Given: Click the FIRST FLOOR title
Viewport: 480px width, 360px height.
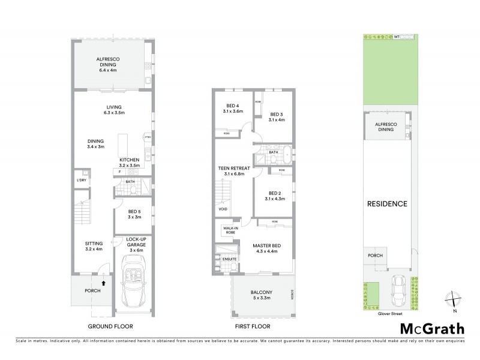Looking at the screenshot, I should point(253,326).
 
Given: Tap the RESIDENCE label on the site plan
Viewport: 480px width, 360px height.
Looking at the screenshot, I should point(387,204).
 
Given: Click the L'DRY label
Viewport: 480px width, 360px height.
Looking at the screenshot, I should point(81,181).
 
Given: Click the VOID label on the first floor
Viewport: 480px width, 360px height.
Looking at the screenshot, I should point(223,209).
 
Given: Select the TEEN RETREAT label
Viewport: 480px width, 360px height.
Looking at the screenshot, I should point(234,171).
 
